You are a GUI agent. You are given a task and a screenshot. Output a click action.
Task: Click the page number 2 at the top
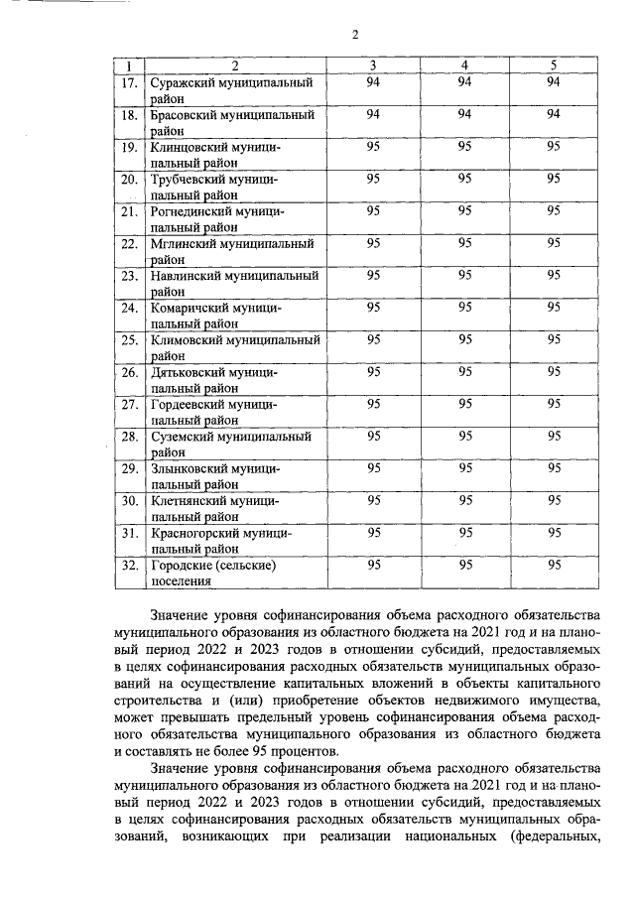(x=354, y=37)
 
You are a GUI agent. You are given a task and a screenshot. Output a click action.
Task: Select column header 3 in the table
(x=373, y=65)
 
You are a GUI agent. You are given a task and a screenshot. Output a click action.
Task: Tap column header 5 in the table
(x=554, y=65)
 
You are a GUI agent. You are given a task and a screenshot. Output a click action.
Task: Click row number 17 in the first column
(x=128, y=82)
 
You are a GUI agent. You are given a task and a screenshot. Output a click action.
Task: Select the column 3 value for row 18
(x=373, y=114)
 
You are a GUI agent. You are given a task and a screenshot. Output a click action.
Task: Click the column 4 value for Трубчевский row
(x=464, y=179)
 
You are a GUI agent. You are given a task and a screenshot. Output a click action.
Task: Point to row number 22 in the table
(x=128, y=243)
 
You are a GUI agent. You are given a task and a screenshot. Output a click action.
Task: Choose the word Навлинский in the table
(x=188, y=275)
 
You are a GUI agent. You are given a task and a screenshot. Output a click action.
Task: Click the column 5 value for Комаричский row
(x=554, y=307)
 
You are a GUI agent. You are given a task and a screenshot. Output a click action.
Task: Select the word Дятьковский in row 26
(x=188, y=372)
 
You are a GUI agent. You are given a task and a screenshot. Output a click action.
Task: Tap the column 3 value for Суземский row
(x=373, y=435)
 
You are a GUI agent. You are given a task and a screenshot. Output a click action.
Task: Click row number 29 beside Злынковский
(x=128, y=468)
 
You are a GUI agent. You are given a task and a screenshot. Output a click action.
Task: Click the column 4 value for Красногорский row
(x=464, y=532)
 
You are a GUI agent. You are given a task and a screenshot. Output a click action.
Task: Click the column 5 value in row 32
(x=554, y=564)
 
